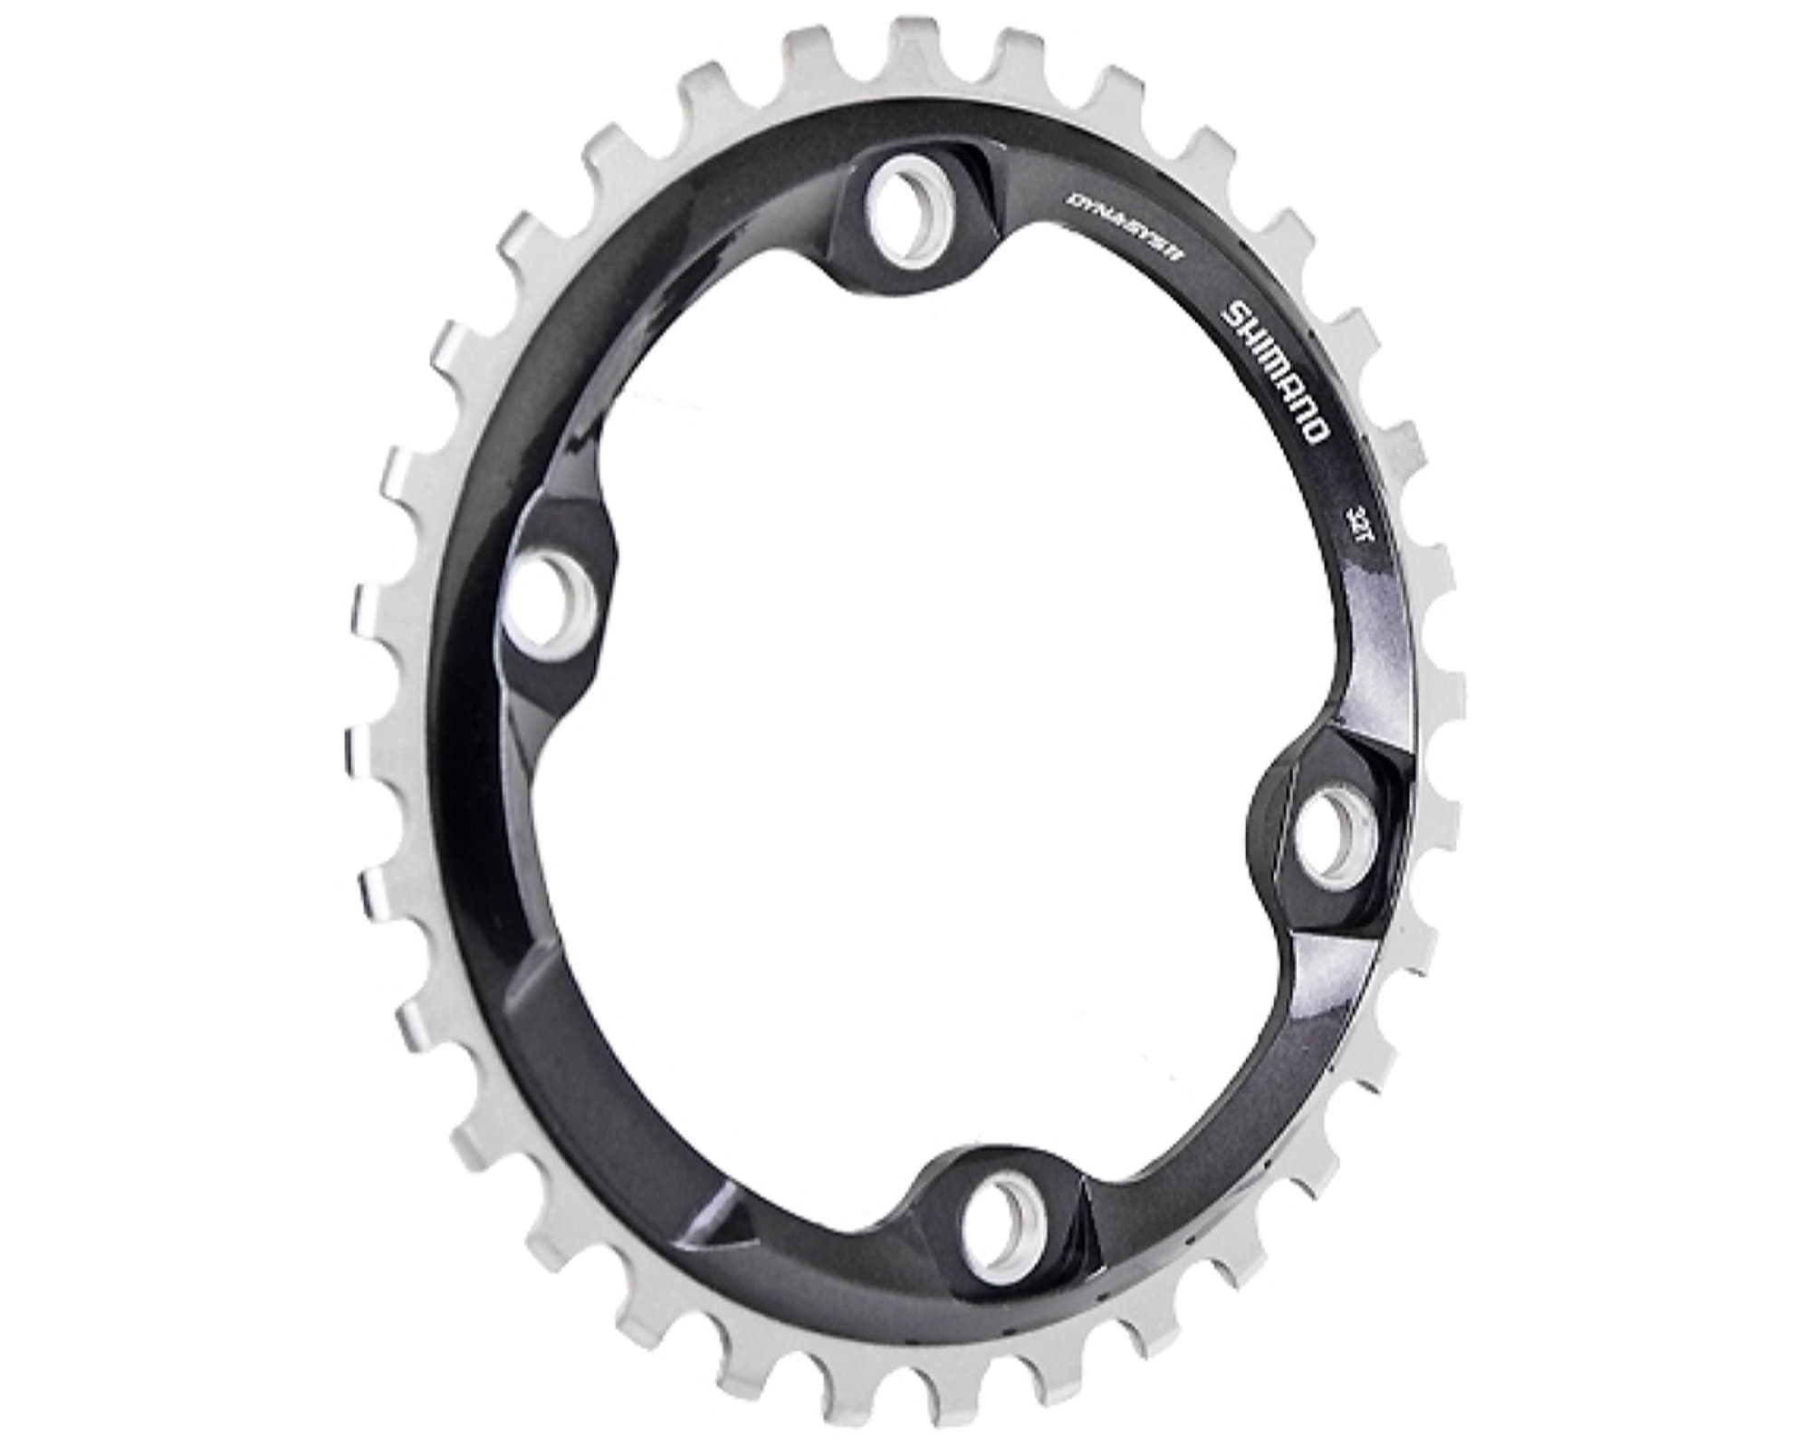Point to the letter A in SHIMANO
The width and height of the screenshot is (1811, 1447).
1289,386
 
